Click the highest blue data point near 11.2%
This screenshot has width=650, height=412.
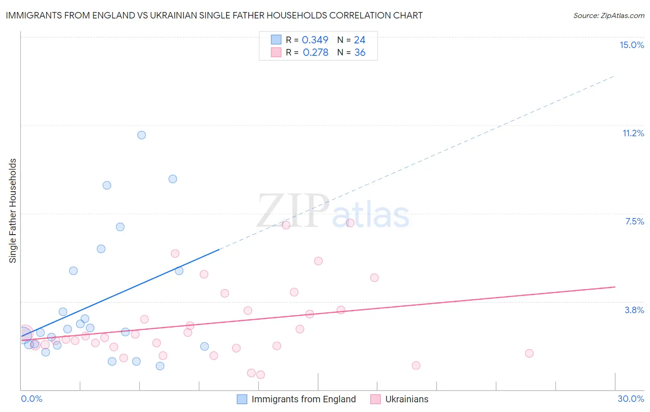pyautogui.click(x=141, y=135)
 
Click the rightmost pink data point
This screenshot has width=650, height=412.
pyautogui.click(x=529, y=353)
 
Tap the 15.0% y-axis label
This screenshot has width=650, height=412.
pyautogui.click(x=632, y=45)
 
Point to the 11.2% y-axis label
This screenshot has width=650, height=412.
pyautogui.click(x=633, y=133)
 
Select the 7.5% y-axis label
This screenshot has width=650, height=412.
pyautogui.click(x=634, y=221)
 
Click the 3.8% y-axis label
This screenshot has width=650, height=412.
pyautogui.click(x=634, y=310)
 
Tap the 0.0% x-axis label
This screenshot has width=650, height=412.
pyautogui.click(x=31, y=399)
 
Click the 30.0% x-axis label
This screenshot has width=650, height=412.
pyautogui.click(x=631, y=399)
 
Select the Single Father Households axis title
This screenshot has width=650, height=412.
pyautogui.click(x=13, y=211)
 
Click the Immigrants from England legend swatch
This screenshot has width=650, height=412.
pyautogui.click(x=242, y=399)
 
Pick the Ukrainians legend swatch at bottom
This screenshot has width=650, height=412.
pyautogui.click(x=375, y=399)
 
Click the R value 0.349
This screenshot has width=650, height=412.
pyautogui.click(x=315, y=40)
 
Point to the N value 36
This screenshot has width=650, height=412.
pyautogui.click(x=360, y=53)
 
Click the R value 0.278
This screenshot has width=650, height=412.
pyautogui.click(x=315, y=53)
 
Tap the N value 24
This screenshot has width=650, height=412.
pyautogui.click(x=360, y=40)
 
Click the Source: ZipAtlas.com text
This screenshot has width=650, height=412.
pyautogui.click(x=608, y=15)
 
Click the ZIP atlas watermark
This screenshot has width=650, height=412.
pyautogui.click(x=333, y=212)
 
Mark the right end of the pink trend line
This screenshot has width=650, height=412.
pyautogui.click(x=615, y=287)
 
